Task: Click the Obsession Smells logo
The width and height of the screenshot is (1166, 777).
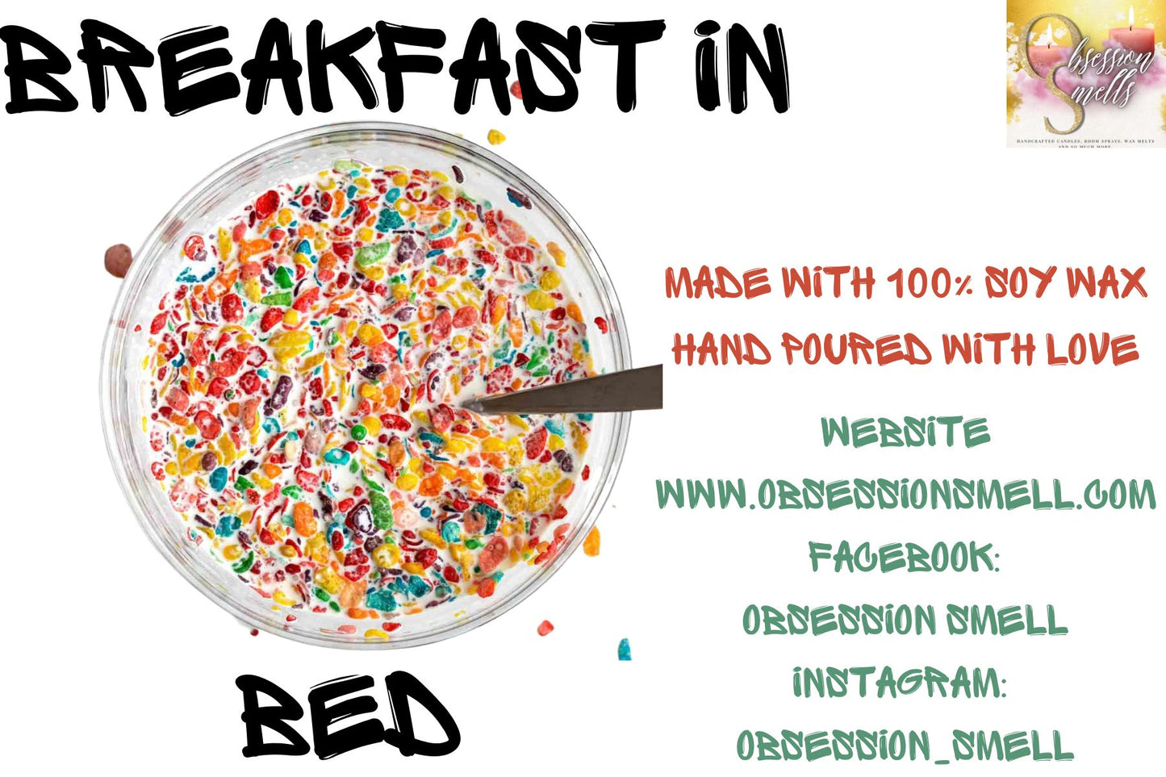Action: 1085,74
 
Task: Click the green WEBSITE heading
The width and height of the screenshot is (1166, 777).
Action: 905,433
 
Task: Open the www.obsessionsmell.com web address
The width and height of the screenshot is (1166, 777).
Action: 905,494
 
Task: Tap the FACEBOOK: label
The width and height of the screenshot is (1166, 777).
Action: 904,557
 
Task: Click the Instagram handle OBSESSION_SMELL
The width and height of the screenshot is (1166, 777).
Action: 905,746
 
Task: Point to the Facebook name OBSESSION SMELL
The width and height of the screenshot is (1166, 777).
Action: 905,620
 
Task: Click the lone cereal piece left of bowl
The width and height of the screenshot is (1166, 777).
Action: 118,260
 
